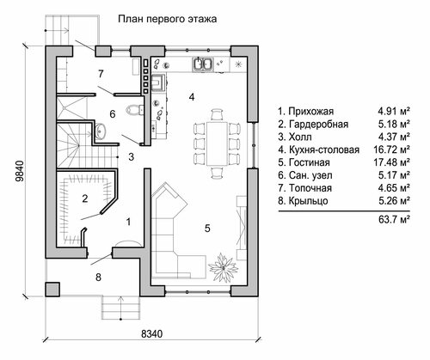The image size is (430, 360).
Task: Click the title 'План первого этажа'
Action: (x=168, y=19)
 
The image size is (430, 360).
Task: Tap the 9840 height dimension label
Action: (x=20, y=171)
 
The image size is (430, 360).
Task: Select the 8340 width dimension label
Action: (x=152, y=333)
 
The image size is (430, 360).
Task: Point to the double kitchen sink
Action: (x=203, y=64)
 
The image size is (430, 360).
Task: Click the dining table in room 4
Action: (x=217, y=143)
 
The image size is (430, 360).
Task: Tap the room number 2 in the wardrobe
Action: (x=85, y=198)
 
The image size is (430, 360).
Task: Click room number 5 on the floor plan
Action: (x=207, y=229)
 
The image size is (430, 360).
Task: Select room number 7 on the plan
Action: (x=101, y=74)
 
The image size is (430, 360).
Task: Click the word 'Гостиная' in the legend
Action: (x=310, y=162)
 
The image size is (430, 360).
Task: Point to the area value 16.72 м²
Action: (x=391, y=149)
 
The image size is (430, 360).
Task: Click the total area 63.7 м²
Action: (x=394, y=220)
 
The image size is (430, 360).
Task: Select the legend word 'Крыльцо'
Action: (x=309, y=201)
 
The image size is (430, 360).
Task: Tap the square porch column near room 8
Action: (x=52, y=290)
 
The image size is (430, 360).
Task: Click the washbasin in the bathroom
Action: (x=100, y=131)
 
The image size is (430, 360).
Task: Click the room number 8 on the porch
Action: (x=98, y=278)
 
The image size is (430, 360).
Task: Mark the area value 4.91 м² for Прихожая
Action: (x=394, y=111)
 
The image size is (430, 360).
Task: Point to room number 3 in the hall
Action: (x=131, y=156)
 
